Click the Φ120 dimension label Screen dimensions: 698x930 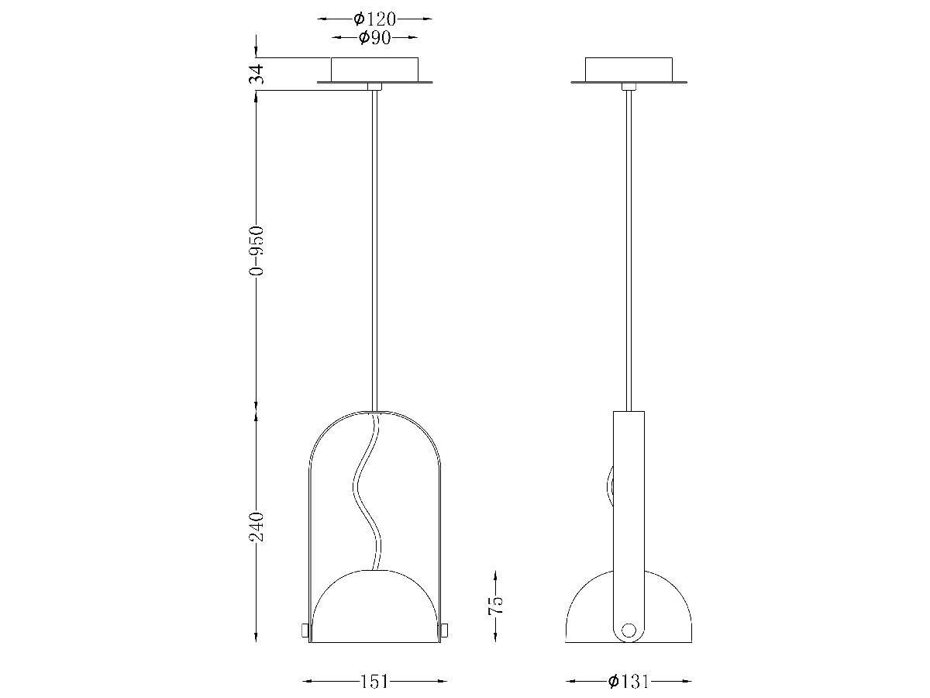[375, 19]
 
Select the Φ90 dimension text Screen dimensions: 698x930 [375, 38]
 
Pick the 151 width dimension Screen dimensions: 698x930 [374, 682]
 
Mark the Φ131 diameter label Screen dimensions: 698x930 [629, 682]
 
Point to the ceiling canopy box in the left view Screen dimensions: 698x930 [374, 68]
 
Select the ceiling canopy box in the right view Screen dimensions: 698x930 [629, 68]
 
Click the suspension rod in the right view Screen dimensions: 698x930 [629, 248]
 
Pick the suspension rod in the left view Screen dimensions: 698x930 [375, 248]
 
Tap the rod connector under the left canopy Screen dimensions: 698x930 [375, 87]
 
